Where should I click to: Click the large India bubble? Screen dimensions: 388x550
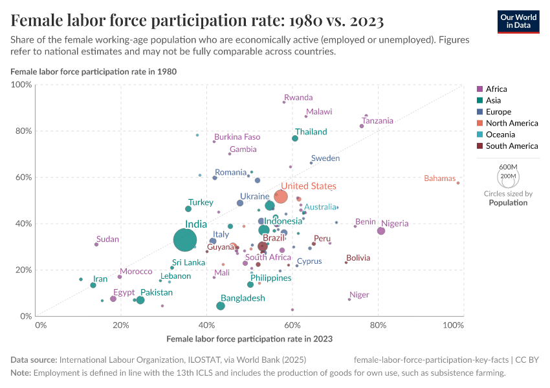tap(185, 241)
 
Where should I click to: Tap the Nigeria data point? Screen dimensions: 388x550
tap(381, 231)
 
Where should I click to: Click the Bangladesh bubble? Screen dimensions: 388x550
tap(221, 306)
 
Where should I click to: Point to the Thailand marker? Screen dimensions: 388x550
tap(295, 138)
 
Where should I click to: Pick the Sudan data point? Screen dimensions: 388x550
tap(96, 244)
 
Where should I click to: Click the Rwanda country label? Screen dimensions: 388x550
tap(298, 98)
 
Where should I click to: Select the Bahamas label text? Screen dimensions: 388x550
tap(439, 178)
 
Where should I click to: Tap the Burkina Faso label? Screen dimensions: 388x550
tap(237, 137)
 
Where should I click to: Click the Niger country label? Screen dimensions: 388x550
tap(359, 295)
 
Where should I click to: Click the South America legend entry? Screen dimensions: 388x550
tap(511, 146)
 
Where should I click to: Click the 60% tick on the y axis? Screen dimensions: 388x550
tap(23, 177)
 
